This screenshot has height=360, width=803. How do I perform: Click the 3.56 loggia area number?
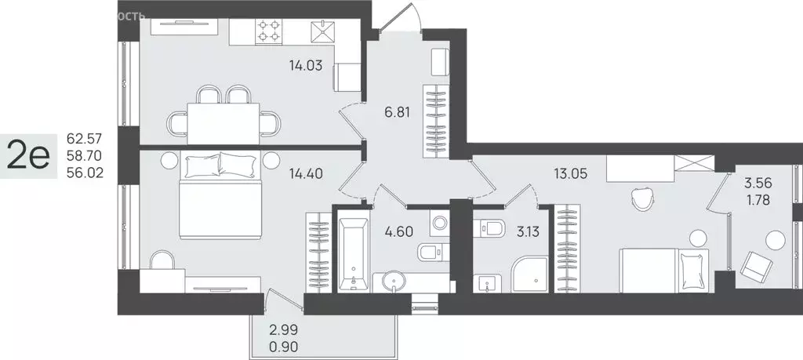pos(758,184)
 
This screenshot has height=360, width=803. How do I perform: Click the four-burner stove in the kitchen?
pos(270,31)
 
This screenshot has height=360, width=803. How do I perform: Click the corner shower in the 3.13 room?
pos(529,274)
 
